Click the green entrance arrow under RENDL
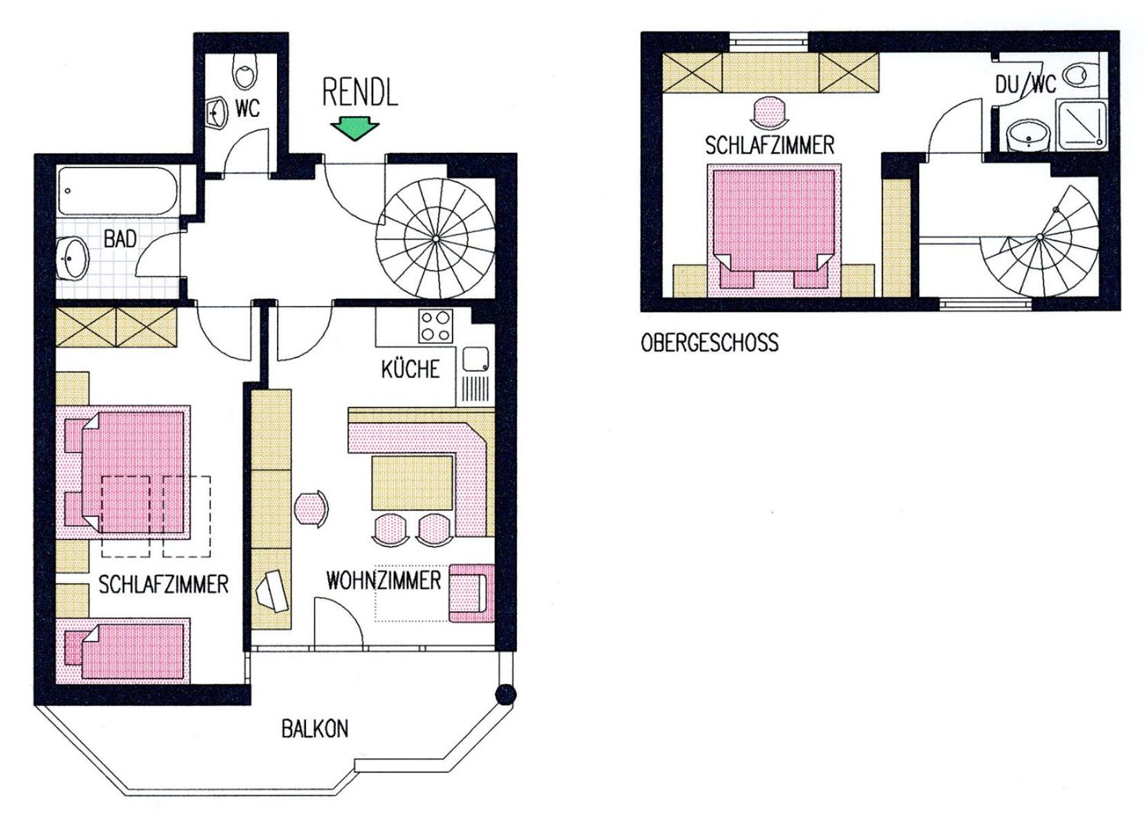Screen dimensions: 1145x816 [x=354, y=129]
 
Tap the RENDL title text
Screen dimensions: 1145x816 [x=360, y=93]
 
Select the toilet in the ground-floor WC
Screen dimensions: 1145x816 [x=245, y=71]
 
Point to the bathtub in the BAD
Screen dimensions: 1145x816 [x=117, y=191]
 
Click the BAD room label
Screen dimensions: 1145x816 [x=120, y=238]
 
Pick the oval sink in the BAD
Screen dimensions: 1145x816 [x=73, y=258]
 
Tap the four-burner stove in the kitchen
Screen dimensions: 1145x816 [x=436, y=326]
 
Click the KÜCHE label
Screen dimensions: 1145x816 [x=410, y=369]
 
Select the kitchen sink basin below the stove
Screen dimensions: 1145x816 [x=475, y=359]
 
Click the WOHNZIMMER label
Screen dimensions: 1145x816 [x=384, y=580]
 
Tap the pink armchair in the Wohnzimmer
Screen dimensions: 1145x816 [x=472, y=593]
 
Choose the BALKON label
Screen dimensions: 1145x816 [x=315, y=729]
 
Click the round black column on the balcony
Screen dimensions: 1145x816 [x=506, y=694]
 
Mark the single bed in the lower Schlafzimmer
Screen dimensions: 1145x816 [x=123, y=651]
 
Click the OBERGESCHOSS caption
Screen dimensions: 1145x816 [x=710, y=342]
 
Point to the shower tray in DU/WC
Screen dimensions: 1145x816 [x=1081, y=125]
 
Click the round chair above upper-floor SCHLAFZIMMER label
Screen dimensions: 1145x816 [x=769, y=113]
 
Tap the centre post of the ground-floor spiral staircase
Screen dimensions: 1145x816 [x=435, y=238]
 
